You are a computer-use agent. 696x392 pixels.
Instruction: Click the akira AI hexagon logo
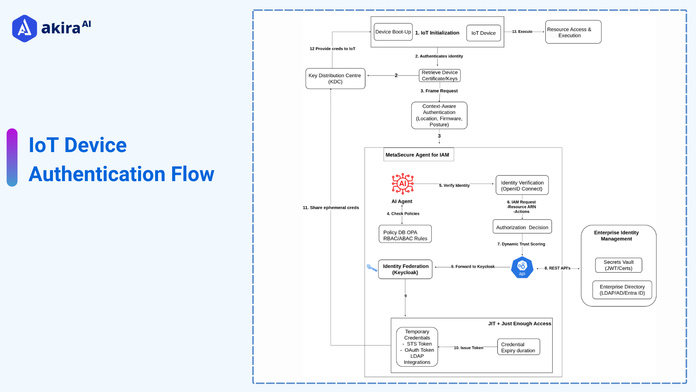[x=24, y=28]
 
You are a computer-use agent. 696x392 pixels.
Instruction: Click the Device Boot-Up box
[x=393, y=32]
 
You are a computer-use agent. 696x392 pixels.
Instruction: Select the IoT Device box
[x=483, y=33]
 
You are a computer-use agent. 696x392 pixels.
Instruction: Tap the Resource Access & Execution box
[x=573, y=32]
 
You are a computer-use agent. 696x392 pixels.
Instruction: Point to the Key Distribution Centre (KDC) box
[x=335, y=78]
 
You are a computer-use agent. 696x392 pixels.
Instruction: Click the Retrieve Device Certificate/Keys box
[x=439, y=75]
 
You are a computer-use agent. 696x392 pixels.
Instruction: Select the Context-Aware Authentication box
[x=439, y=115]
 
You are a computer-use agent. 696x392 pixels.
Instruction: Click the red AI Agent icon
[x=402, y=184]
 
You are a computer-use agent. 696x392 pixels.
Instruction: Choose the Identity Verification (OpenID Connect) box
[x=522, y=185]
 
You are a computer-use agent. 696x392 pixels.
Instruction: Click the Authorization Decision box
[x=522, y=227]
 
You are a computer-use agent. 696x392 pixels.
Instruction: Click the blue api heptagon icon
[x=522, y=268]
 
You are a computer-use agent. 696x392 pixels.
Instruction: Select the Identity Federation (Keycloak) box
[x=405, y=269]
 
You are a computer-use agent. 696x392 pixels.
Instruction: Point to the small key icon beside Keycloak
[x=372, y=268]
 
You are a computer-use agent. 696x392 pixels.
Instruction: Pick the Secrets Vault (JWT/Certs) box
[x=618, y=265]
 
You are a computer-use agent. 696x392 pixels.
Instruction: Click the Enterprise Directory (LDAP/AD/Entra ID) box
[x=622, y=290]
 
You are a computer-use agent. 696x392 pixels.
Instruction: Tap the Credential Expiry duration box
[x=518, y=347]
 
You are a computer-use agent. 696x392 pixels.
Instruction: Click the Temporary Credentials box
[x=417, y=347]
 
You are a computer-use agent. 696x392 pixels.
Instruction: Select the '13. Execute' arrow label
[x=522, y=32]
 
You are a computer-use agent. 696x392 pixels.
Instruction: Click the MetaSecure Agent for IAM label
[x=417, y=155]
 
